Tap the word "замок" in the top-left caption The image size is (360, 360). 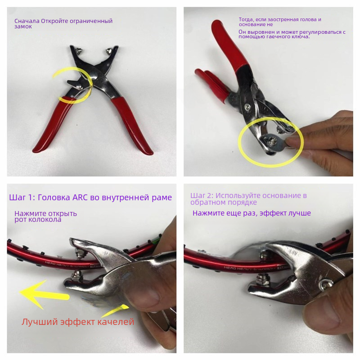point(23,27)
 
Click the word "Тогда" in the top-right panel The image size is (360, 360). point(246,20)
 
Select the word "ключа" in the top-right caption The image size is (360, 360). point(301,37)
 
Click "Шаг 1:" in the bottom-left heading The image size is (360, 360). point(22,198)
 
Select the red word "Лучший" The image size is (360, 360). point(40,322)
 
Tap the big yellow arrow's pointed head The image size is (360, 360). point(20,292)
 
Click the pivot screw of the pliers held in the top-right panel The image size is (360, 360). point(247,106)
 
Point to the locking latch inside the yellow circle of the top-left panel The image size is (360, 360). point(75,84)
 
